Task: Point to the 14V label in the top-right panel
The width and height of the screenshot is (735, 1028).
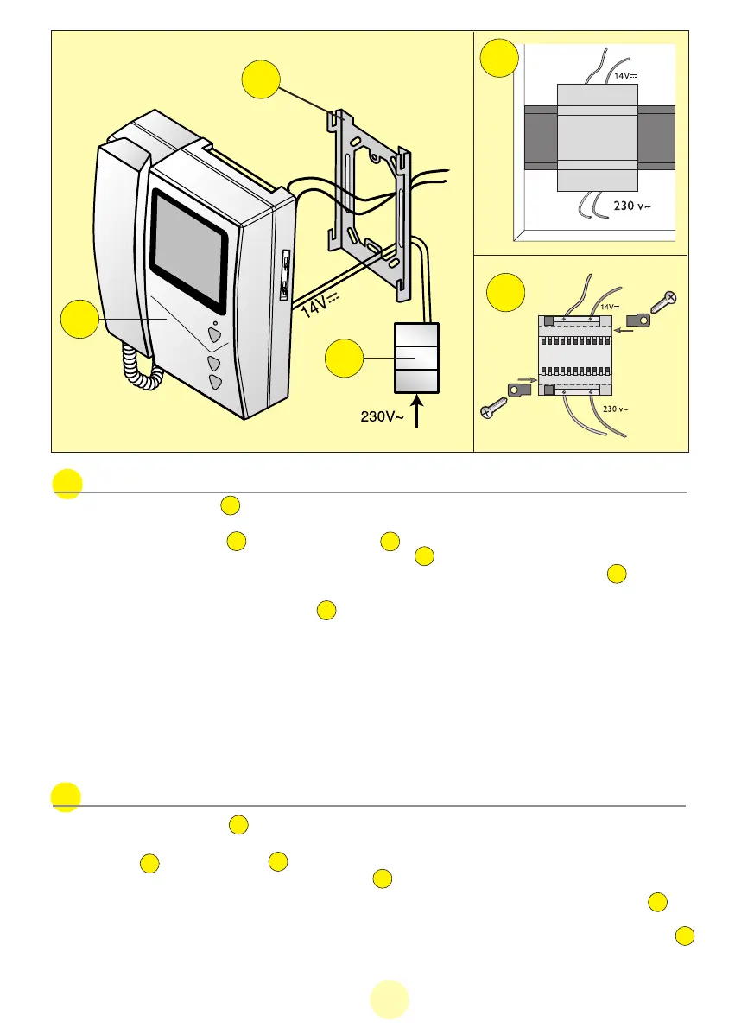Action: click(624, 76)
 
